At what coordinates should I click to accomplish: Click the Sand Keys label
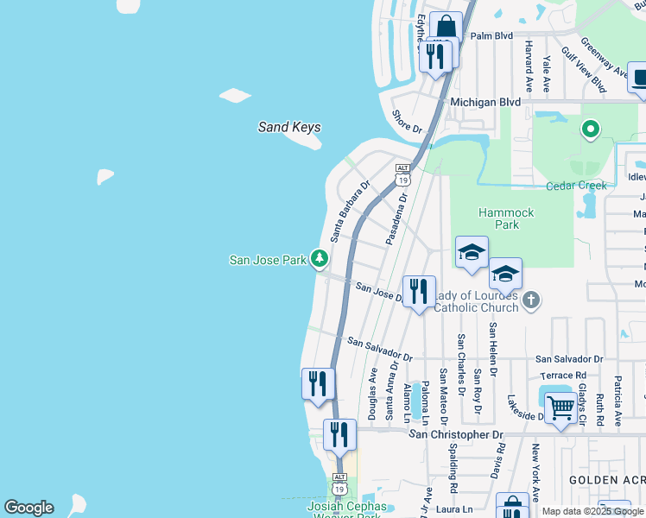pos(289,127)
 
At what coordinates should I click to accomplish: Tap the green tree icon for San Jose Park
pos(320,258)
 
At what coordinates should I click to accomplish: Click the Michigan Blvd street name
pos(486,102)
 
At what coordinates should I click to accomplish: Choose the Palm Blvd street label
pos(491,36)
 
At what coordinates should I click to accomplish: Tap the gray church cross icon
pos(531,300)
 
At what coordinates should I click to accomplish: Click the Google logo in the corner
pos(28,508)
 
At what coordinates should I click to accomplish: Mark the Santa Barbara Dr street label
pos(349,210)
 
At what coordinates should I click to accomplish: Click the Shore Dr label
pos(407,122)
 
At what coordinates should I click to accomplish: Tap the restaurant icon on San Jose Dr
pos(419,291)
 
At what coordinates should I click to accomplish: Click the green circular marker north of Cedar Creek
pos(591,130)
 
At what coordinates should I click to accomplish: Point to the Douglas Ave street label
pos(373,394)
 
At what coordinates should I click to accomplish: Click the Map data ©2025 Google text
pos(593,511)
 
